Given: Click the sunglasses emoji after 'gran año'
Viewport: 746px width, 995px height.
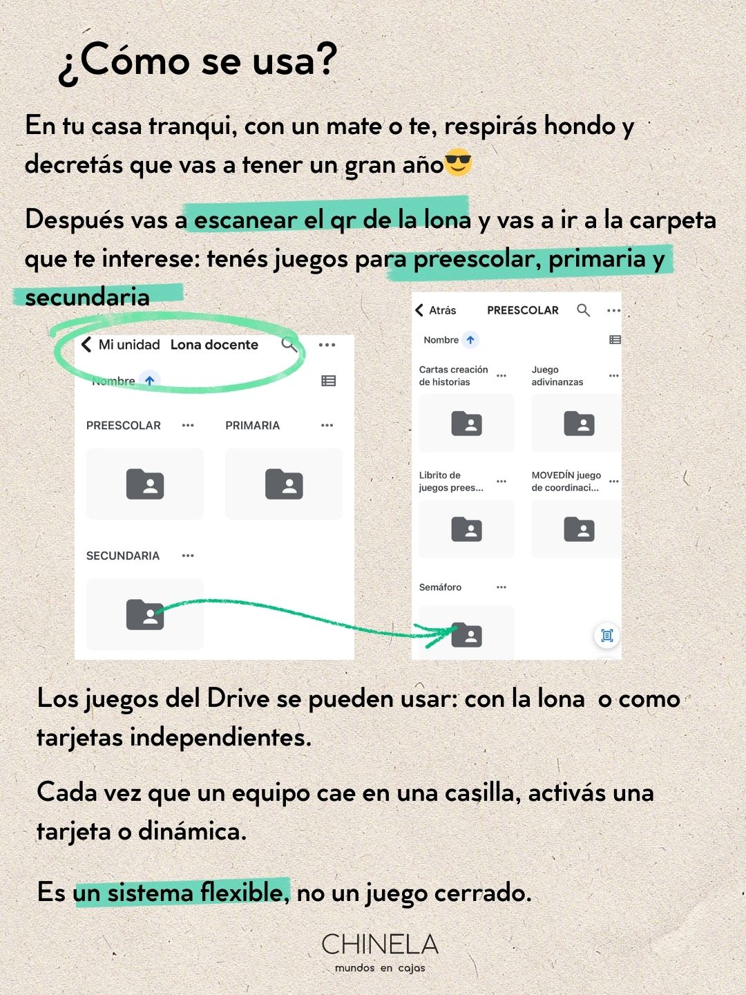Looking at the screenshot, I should coord(458,163).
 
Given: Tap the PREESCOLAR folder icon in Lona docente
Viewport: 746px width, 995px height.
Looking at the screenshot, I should coord(145,484).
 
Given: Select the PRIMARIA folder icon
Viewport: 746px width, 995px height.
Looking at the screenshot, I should coord(284,484).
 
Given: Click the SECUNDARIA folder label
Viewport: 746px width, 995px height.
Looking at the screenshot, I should coord(123,556).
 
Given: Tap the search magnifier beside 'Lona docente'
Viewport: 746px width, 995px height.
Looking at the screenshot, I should coord(289,344).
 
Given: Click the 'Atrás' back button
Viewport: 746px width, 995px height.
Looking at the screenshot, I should coord(436,310).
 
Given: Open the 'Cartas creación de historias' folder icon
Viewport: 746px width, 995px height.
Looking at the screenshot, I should coord(467,423).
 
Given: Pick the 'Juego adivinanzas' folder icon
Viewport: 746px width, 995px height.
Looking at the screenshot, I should coord(579,423).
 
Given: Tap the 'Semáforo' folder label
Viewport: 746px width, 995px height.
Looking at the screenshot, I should coord(440,587).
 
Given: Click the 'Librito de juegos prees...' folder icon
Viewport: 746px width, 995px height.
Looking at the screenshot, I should coord(467,529).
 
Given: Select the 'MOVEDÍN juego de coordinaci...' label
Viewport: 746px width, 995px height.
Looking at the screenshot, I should coord(566,481).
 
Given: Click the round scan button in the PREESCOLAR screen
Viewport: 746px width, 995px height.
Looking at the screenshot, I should coord(607,636).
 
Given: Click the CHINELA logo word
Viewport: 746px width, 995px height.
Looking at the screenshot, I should coord(380,945).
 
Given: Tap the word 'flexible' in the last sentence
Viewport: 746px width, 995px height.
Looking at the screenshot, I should coord(242,892).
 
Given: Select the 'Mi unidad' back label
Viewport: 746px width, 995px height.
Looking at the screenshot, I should coord(128,345).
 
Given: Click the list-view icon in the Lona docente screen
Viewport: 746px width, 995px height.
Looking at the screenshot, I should coord(329,381).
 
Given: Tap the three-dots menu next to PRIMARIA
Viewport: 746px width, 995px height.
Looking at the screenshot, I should coord(327,426).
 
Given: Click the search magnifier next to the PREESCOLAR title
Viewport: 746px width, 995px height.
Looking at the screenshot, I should coord(584,310).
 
